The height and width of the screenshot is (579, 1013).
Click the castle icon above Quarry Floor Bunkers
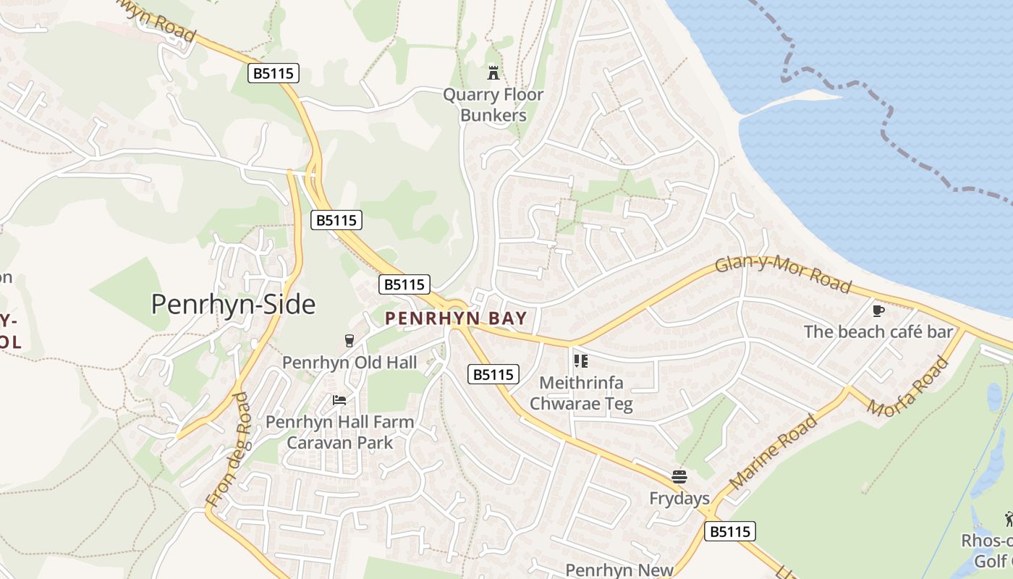(493, 72)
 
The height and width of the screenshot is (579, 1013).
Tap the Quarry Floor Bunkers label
(493, 105)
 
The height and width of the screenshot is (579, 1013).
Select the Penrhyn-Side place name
(233, 305)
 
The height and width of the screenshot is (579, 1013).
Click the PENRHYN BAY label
(456, 318)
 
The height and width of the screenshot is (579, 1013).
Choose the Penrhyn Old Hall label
(349, 362)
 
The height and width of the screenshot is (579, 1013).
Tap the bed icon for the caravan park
(339, 400)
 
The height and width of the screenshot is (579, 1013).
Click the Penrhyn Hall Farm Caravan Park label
(339, 432)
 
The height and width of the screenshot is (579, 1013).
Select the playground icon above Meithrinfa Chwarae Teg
(580, 360)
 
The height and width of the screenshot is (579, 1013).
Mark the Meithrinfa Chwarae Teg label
(581, 393)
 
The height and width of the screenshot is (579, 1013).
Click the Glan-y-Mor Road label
(783, 274)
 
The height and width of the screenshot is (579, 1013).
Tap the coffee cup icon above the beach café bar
(878, 310)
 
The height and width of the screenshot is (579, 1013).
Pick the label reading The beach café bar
(878, 331)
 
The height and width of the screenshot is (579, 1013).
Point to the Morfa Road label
(907, 387)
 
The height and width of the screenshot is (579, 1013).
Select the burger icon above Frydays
(679, 477)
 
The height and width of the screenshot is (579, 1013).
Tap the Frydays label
(679, 499)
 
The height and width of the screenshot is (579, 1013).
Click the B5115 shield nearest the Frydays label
(730, 531)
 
